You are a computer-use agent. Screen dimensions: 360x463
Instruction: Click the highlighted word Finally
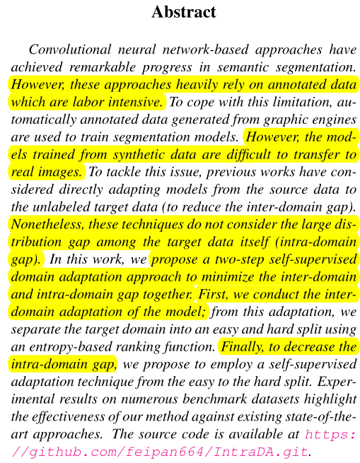click(x=245, y=346)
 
